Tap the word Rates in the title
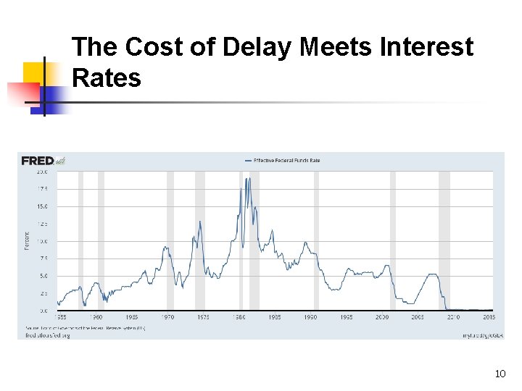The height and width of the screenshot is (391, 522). (x=107, y=77)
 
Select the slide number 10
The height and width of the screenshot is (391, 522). (x=500, y=374)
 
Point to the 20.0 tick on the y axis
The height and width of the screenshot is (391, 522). (x=42, y=172)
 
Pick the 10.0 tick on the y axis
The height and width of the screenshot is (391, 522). (x=42, y=241)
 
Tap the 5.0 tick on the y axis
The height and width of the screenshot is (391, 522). (x=43, y=276)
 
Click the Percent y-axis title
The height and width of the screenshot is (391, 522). (x=28, y=241)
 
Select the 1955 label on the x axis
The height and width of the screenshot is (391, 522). (x=63, y=317)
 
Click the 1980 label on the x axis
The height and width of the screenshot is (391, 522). (x=239, y=317)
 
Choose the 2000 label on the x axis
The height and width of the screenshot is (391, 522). (x=382, y=317)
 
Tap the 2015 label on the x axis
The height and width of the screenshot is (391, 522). (x=489, y=317)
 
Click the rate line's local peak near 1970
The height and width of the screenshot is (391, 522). (x=165, y=247)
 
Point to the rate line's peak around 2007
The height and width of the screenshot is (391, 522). (x=433, y=274)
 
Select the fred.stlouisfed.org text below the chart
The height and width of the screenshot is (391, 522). (x=48, y=335)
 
